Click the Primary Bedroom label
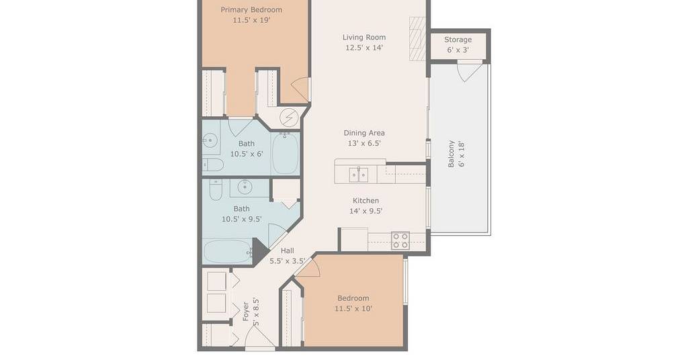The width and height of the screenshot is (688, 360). (251, 9)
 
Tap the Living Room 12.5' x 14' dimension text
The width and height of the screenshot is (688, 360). (364, 48)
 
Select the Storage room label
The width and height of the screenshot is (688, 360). (458, 40)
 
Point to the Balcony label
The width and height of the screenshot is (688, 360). (451, 154)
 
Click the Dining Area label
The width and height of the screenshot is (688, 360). (364, 133)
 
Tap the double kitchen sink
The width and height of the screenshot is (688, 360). (359, 175)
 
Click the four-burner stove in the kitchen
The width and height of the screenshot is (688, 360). (400, 240)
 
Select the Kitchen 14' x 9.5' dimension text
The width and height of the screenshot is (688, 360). (365, 211)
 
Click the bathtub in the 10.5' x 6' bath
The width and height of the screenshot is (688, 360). (285, 154)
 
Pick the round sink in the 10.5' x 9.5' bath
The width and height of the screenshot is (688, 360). (245, 187)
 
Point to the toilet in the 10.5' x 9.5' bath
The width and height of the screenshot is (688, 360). (216, 189)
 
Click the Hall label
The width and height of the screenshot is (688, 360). (288, 251)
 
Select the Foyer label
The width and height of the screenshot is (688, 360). (246, 312)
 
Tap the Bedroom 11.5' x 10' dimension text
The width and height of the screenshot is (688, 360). (353, 309)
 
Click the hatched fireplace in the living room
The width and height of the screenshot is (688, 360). (417, 38)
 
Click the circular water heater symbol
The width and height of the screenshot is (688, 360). (289, 118)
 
